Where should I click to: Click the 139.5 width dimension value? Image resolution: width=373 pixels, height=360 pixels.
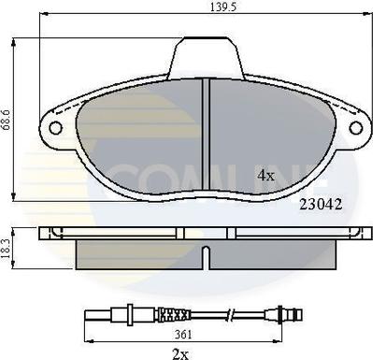[223, 7]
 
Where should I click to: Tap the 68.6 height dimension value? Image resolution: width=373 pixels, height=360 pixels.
[7, 120]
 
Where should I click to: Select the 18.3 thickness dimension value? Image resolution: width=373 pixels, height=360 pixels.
[6, 248]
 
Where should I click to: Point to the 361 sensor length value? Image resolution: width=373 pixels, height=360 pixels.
[183, 335]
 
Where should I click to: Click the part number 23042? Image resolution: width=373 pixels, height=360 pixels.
[321, 205]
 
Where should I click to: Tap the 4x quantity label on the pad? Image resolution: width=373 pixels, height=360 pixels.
[265, 176]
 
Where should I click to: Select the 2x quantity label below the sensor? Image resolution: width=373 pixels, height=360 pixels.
[180, 353]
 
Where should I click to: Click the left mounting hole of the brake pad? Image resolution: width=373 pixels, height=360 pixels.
[56, 128]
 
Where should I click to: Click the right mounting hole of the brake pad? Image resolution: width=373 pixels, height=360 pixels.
[356, 128]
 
